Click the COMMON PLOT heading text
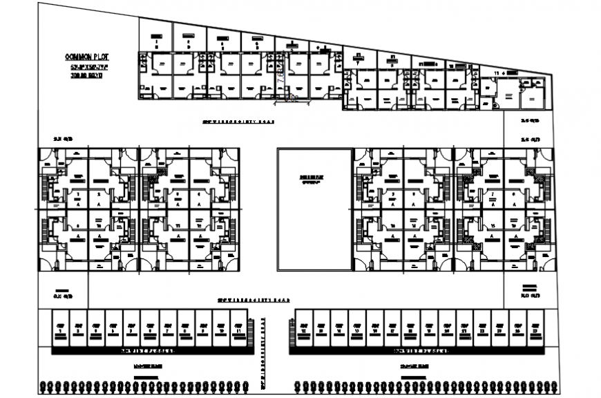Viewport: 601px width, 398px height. (x=86, y=57)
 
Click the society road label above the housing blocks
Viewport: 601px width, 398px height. (x=238, y=122)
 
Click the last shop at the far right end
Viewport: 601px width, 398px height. (x=534, y=328)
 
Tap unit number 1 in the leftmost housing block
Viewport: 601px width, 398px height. (x=78, y=196)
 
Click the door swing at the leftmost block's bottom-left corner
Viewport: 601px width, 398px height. (x=46, y=263)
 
